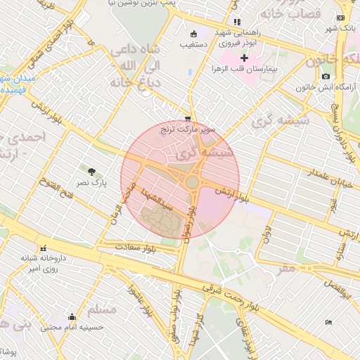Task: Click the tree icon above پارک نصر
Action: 91,171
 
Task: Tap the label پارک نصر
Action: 91,183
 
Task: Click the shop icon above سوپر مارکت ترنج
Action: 187,118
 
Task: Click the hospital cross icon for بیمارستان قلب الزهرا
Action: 244,58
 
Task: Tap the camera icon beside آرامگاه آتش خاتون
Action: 325,76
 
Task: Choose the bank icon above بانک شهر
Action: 341,18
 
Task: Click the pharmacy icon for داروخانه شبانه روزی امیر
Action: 44,248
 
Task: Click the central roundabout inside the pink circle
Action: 192,183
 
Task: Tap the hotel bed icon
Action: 328,322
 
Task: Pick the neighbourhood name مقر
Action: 288,268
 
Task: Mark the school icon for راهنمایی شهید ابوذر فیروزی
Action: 237,22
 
